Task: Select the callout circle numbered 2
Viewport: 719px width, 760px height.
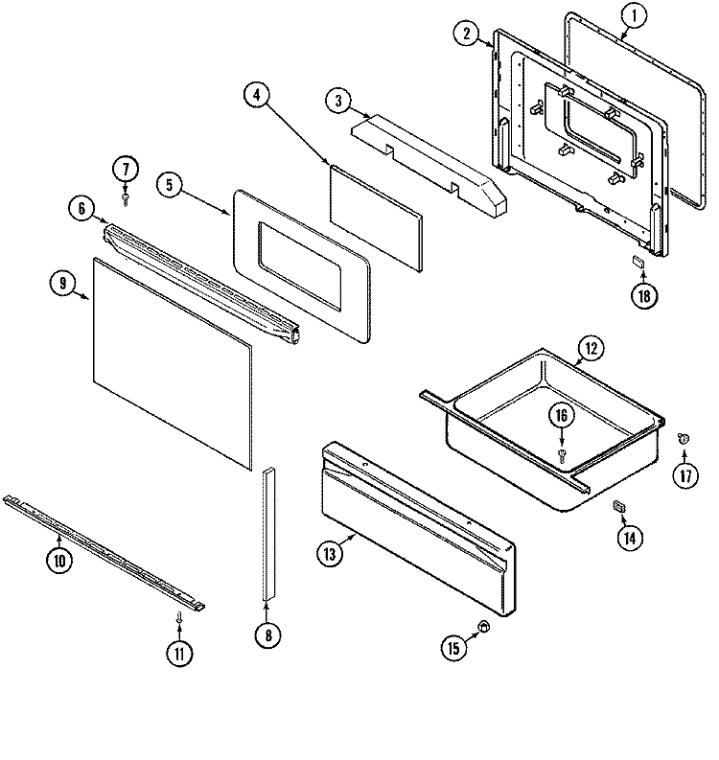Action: tap(466, 34)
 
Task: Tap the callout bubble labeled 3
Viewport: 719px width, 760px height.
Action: tap(337, 100)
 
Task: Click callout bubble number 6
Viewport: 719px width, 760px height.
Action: tap(81, 207)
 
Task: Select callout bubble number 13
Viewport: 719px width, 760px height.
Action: tap(330, 553)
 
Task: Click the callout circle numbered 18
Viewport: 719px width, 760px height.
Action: tap(643, 295)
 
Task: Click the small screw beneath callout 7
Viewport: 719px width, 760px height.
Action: tap(126, 197)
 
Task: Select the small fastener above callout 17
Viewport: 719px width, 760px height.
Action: tap(684, 438)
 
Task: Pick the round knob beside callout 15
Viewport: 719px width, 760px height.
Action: tap(484, 626)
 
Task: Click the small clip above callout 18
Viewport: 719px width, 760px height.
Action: tap(636, 260)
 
